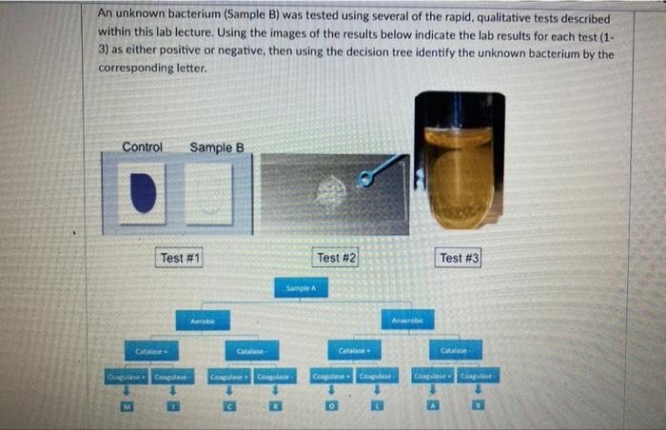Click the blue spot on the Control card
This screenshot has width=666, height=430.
coord(144,192)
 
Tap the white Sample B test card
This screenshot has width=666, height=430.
coord(209,194)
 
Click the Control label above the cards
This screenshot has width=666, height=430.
coord(143,147)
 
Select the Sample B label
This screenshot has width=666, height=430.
coord(217,147)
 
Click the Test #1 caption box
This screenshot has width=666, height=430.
coord(179,257)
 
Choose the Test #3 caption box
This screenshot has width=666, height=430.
coord(459,257)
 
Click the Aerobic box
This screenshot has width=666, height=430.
coord(203,322)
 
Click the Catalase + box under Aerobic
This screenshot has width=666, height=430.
coord(150,350)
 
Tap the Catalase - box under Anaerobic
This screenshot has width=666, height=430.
coord(455,350)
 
